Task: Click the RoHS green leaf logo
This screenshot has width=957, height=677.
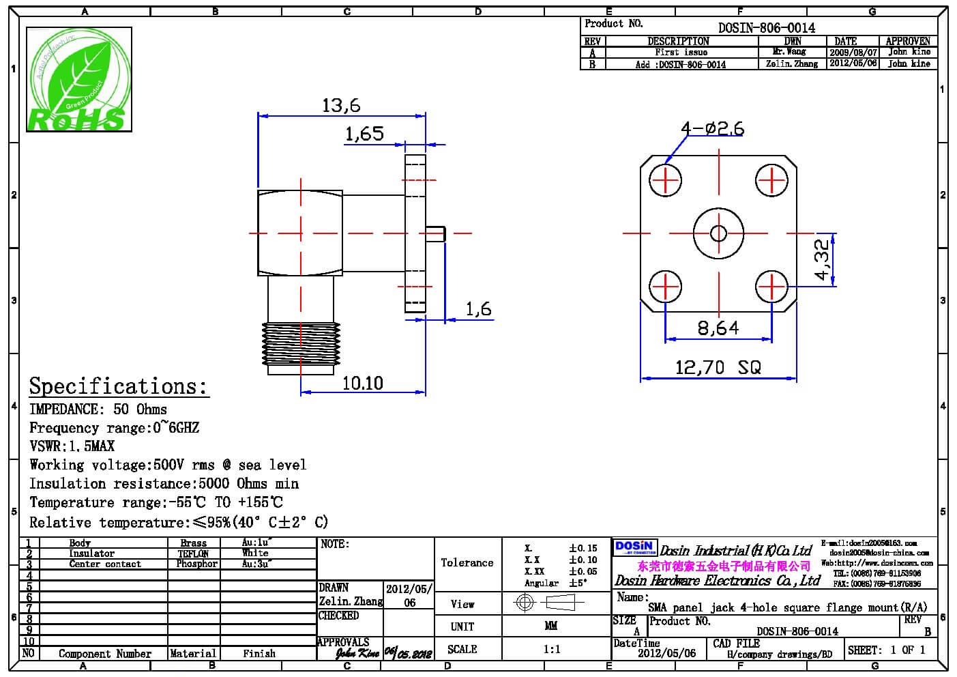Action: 78,80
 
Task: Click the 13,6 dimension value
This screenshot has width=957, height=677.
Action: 341,105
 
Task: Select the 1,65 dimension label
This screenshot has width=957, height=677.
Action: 364,133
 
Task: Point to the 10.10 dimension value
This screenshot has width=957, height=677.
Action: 362,383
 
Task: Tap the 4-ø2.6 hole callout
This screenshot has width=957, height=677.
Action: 712,128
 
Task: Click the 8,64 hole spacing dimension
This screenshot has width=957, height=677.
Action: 718,328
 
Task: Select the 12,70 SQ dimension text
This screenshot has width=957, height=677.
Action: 718,367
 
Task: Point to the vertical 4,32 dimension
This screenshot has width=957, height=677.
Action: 822,259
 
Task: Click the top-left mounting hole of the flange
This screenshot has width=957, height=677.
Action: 665,181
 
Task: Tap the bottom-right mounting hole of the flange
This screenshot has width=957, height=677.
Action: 772,286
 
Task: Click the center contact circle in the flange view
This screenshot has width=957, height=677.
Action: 718,233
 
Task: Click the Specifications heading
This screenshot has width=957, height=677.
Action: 118,386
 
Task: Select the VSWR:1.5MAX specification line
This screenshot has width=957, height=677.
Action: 72,446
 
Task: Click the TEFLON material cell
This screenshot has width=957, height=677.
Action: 194,553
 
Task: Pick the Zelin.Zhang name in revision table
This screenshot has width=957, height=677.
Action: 791,63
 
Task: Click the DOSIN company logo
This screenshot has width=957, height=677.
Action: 634,548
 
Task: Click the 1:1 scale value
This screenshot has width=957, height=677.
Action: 552,649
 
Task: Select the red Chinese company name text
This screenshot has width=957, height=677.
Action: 724,566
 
